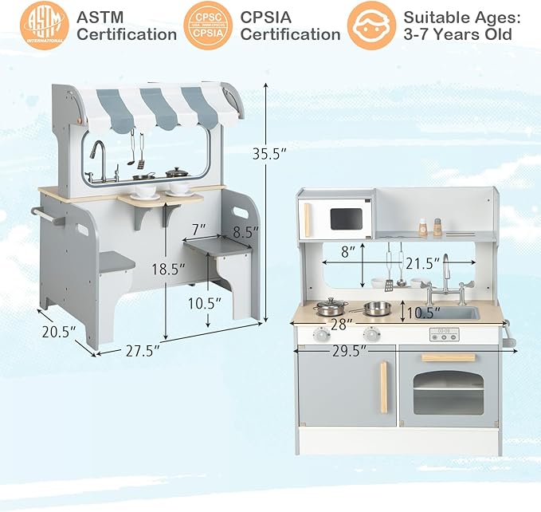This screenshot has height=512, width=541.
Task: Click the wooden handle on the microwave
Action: pyautogui.click(x=308, y=219)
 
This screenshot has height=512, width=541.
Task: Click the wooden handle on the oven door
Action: pyautogui.click(x=448, y=357)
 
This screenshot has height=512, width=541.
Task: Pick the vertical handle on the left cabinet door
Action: pyautogui.click(x=383, y=387)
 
